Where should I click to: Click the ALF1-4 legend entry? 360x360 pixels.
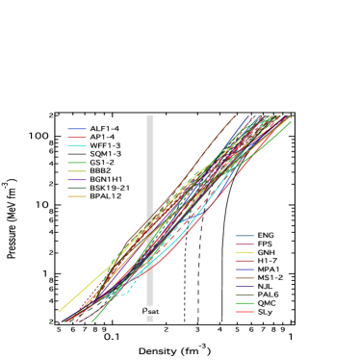pyautogui.click(x=104, y=128)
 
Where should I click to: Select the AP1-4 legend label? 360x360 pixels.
pyautogui.click(x=101, y=137)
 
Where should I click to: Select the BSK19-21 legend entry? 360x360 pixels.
pyautogui.click(x=109, y=188)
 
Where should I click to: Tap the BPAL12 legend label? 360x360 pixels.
pyautogui.click(x=105, y=196)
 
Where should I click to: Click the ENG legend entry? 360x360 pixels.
pyautogui.click(x=266, y=235)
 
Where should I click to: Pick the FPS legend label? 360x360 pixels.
pyautogui.click(x=265, y=244)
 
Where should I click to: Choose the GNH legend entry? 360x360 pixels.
pyautogui.click(x=266, y=252)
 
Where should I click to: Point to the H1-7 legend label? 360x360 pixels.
pyautogui.click(x=267, y=261)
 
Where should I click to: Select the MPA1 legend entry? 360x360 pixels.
pyautogui.click(x=269, y=270)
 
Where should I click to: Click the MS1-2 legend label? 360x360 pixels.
pyautogui.click(x=270, y=278)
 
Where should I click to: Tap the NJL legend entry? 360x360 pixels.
pyautogui.click(x=265, y=287)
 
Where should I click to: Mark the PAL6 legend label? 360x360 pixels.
pyautogui.click(x=268, y=296)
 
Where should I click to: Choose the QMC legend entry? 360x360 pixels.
pyautogui.click(x=267, y=304)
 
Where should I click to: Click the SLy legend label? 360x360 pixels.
pyautogui.click(x=265, y=313)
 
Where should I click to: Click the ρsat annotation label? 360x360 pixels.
pyautogui.click(x=150, y=310)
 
